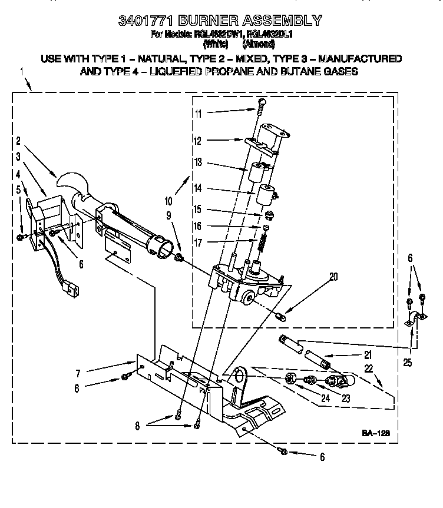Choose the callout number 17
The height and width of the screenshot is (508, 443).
[x=198, y=242]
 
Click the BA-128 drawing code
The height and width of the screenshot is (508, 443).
[x=369, y=433]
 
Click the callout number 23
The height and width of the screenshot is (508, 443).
[x=345, y=398]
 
